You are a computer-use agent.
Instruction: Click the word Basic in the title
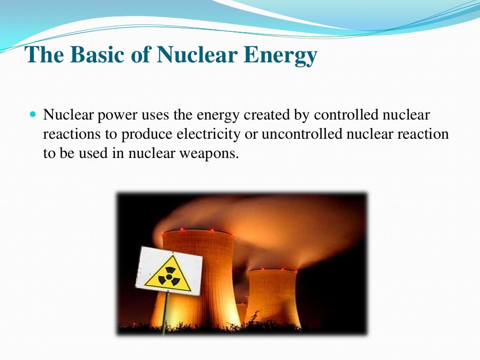click(93, 55)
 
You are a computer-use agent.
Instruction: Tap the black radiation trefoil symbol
click(167, 275)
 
